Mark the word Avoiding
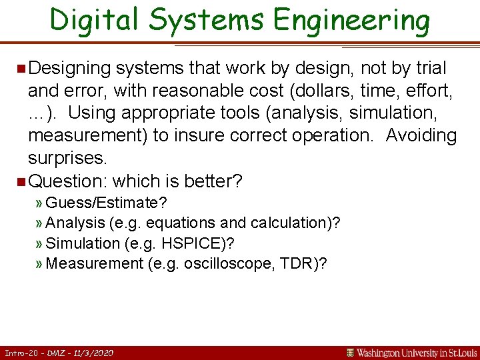[x=421, y=135]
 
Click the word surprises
[x=67, y=158]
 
